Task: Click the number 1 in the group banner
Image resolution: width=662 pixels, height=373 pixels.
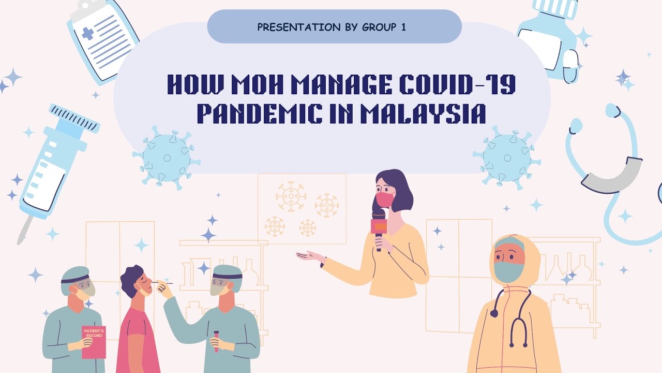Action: coord(403,26)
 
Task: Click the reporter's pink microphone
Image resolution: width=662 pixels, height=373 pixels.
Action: coord(379,226)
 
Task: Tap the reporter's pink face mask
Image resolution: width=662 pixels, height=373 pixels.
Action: coord(385,199)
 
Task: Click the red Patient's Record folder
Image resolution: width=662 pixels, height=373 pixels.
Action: coord(94,342)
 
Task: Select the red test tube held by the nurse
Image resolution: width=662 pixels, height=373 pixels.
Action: coord(216,341)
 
